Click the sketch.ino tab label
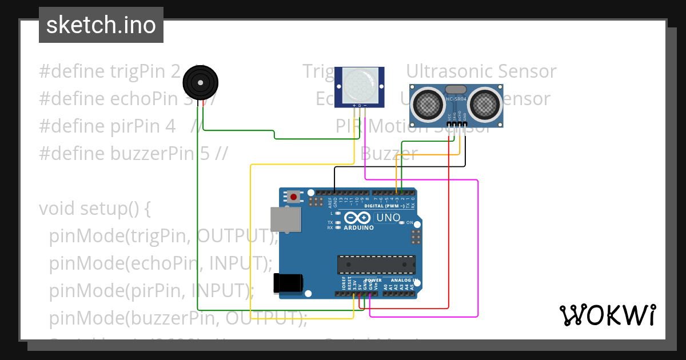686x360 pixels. [x=101, y=25]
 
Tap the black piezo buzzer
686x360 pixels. [x=201, y=83]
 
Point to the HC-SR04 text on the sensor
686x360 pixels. [x=456, y=100]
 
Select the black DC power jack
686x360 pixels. [x=289, y=283]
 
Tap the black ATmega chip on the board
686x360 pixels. [x=376, y=265]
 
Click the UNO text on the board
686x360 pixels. [x=388, y=218]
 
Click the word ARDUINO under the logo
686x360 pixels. [x=358, y=227]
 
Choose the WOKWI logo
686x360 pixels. [x=607, y=315]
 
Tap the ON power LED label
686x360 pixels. [x=409, y=222]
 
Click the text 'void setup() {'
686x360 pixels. [x=95, y=209]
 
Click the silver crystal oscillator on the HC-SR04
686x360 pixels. [x=456, y=89]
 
